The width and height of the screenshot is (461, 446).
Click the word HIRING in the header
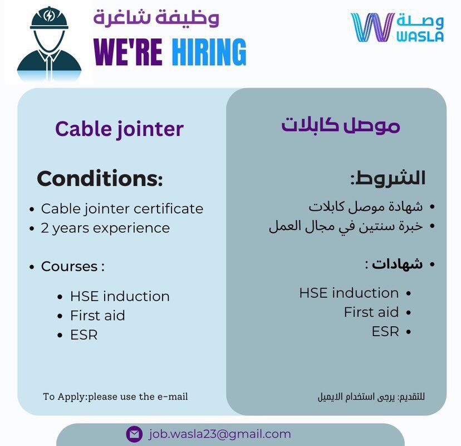pyautogui.click(x=209, y=52)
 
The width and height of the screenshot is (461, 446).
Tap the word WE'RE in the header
pyautogui.click(x=128, y=52)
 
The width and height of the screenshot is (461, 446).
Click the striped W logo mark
pyautogui.click(x=372, y=27)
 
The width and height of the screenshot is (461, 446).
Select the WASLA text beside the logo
pyautogui.click(x=420, y=36)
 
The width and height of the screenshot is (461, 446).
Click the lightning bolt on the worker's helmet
pyautogui.click(x=49, y=16)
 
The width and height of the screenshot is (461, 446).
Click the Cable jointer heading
pyautogui.click(x=119, y=129)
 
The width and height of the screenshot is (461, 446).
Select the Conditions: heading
pyautogui.click(x=100, y=178)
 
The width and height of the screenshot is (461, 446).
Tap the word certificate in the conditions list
pyautogui.click(x=169, y=209)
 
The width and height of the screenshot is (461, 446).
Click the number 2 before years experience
pyautogui.click(x=45, y=228)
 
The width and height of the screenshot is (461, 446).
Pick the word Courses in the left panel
pyautogui.click(x=69, y=266)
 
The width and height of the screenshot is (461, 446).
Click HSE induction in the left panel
pyautogui.click(x=120, y=296)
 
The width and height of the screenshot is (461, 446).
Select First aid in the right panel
pyautogui.click(x=371, y=312)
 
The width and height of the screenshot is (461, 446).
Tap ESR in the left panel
pyautogui.click(x=84, y=334)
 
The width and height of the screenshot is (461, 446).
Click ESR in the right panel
pyautogui.click(x=385, y=332)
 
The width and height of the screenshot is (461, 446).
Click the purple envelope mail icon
pyautogui.click(x=134, y=434)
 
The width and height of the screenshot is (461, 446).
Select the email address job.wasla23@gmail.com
pyautogui.click(x=219, y=434)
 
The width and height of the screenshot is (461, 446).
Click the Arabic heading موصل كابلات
pyautogui.click(x=340, y=125)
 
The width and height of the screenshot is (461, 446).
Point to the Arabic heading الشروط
pyautogui.click(x=388, y=178)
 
